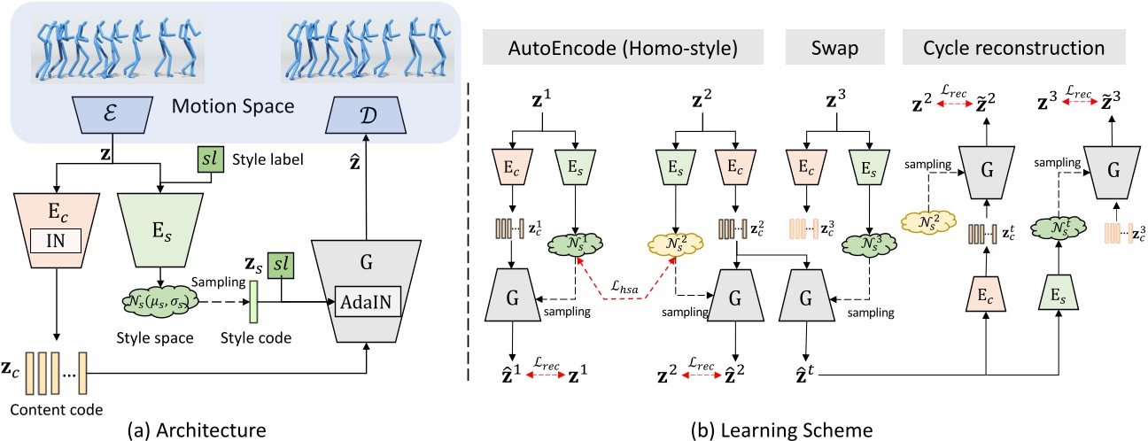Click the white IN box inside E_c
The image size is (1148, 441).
56,239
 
